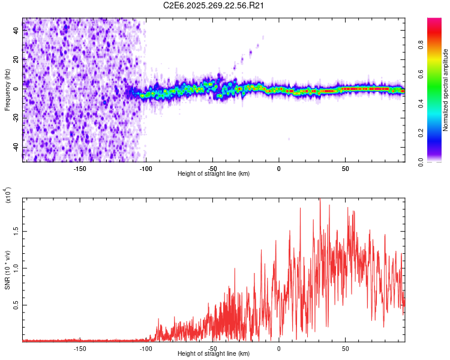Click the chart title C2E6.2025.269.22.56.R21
coord(214,6)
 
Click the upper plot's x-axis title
coord(214,174)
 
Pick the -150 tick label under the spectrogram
coord(80,169)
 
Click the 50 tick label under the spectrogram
coord(346,169)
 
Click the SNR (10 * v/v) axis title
coord(7,269)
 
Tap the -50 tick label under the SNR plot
coord(213,348)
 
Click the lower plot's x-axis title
coord(214,354)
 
